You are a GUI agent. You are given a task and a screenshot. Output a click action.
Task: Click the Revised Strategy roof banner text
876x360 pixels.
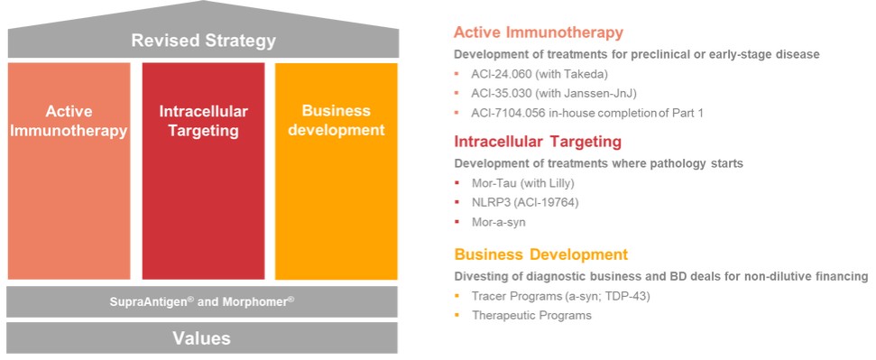pos(203,41)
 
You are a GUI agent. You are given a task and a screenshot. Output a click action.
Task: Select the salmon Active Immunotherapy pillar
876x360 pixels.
pos(69,171)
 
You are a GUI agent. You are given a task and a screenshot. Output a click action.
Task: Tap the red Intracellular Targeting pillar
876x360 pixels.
pos(203,171)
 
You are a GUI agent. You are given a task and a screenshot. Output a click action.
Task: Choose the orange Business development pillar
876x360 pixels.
pos(337,171)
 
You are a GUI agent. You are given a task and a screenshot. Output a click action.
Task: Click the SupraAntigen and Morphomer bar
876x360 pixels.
pos(202,301)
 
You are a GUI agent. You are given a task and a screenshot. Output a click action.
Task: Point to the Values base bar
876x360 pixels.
pos(202,337)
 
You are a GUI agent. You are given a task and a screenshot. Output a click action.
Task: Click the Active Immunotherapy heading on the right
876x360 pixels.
pos(538,32)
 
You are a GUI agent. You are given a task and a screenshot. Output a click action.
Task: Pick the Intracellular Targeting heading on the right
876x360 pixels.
pos(538,142)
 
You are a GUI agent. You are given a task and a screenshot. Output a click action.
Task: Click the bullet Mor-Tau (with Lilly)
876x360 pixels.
pos(523,183)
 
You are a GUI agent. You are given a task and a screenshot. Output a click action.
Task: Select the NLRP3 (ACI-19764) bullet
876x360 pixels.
pos(525,202)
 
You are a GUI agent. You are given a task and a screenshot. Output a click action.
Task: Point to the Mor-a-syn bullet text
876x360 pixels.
pos(499,223)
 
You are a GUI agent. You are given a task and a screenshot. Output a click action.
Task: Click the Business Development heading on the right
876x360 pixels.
pos(540,255)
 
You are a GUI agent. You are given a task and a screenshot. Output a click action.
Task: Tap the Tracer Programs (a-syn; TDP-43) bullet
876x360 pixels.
pos(560,296)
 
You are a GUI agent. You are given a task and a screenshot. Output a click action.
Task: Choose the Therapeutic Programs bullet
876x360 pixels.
pos(531,316)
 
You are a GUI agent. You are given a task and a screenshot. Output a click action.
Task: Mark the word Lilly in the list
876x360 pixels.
pos(559,183)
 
